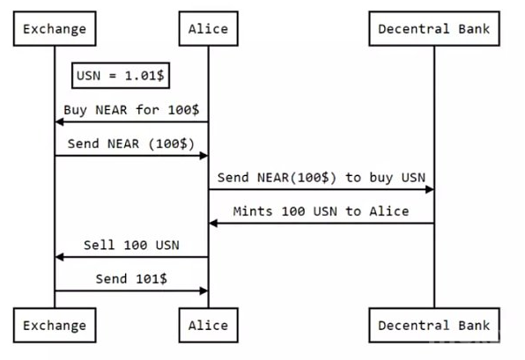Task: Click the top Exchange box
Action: coord(55,29)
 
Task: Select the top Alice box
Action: coord(208,29)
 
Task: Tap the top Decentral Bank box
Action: coord(434,29)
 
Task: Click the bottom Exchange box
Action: coord(55,325)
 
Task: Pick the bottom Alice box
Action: coord(208,325)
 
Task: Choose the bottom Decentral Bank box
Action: coord(434,325)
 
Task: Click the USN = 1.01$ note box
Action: coord(121,76)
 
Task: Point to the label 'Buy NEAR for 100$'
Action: coord(131,110)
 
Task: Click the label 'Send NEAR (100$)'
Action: coord(131,143)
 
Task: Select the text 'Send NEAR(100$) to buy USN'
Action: coord(322,178)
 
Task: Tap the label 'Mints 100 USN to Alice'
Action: coord(321,211)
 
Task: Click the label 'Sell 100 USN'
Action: coord(131,246)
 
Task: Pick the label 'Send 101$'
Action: coord(131,279)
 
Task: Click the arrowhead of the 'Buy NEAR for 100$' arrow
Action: coord(59,122)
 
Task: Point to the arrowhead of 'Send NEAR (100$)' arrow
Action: coord(203,156)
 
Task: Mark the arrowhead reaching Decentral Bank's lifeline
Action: coord(430,190)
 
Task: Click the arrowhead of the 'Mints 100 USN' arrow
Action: coord(213,224)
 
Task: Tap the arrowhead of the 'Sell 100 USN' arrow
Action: coord(59,257)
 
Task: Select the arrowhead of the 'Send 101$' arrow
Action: coord(203,291)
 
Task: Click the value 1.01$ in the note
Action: coord(144,76)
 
